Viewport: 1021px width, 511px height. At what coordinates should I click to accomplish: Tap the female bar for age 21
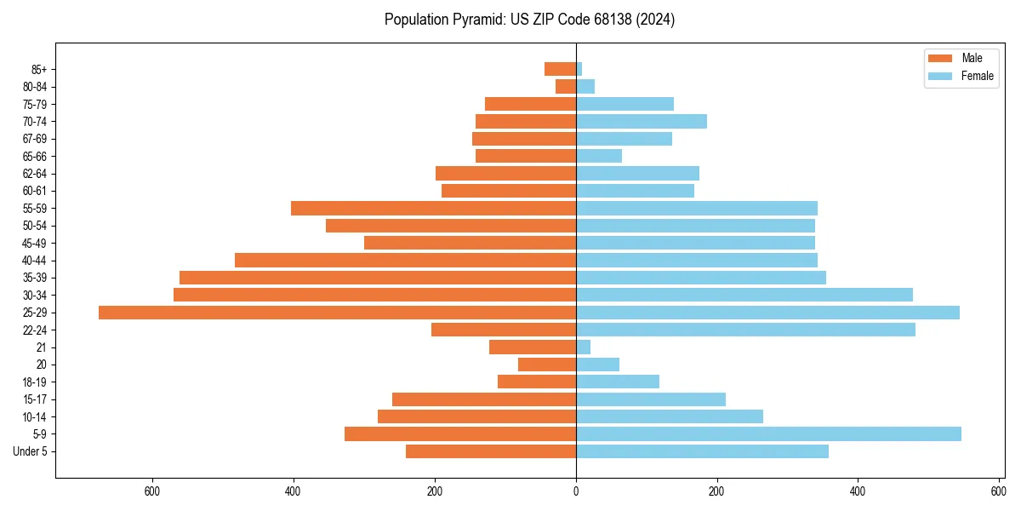584,347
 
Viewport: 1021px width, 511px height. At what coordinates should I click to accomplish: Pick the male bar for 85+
561,69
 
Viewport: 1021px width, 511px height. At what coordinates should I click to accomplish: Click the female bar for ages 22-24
745,330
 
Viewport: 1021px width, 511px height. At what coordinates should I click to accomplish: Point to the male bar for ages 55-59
433,209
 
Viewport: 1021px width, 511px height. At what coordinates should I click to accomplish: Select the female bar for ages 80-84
585,87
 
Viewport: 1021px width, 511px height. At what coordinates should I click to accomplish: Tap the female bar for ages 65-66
599,156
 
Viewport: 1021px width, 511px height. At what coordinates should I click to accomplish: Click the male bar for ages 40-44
405,261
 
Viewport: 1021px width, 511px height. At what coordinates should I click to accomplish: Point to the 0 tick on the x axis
576,491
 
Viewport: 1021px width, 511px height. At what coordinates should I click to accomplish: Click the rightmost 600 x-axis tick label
999,491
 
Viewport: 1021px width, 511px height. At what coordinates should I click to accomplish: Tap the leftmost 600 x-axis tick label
153,491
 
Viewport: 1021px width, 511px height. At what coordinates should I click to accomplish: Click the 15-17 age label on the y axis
34,399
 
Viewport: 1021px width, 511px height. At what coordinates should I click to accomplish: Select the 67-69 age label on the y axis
34,139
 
